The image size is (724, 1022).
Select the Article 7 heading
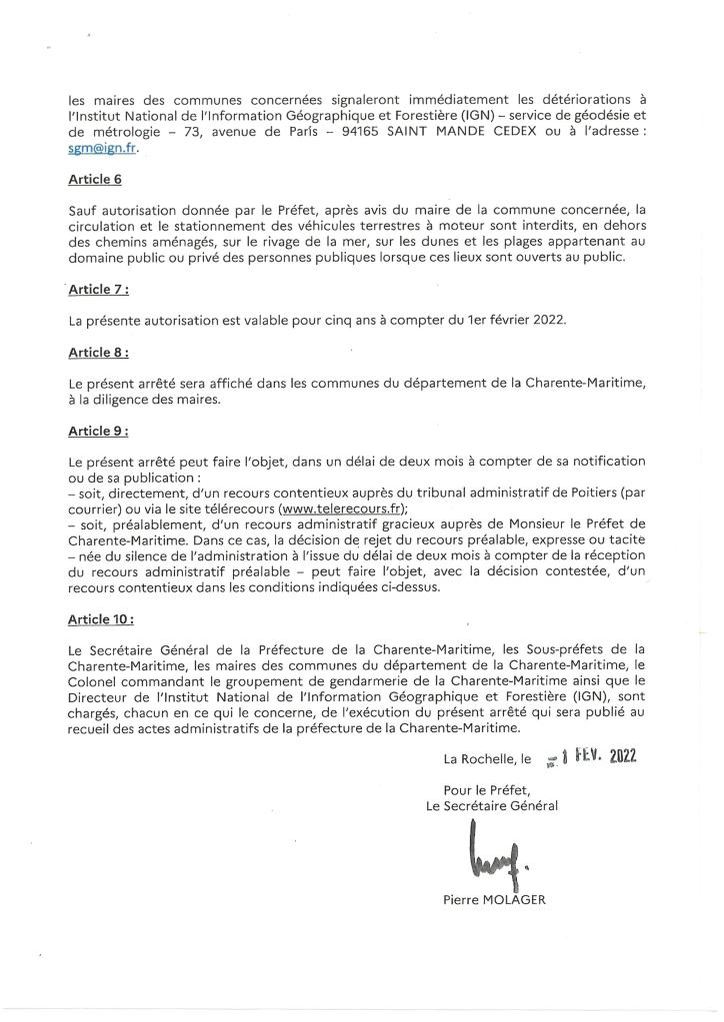99,290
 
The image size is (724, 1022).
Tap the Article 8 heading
98,353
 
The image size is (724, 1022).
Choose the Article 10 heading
101,619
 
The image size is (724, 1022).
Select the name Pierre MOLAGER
494,899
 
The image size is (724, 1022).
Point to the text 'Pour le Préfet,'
492,789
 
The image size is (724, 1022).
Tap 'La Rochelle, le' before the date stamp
489,759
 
